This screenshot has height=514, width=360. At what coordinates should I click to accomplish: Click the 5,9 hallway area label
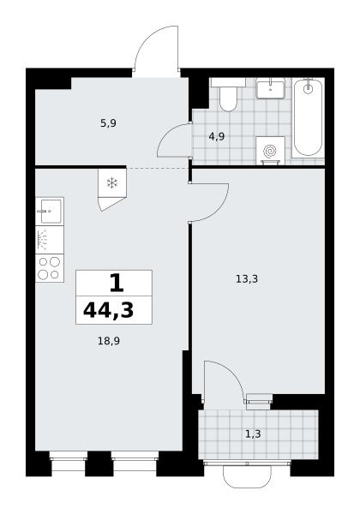(108, 123)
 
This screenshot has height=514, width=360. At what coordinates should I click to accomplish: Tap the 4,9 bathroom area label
(216, 136)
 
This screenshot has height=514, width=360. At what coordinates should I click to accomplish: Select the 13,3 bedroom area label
(247, 279)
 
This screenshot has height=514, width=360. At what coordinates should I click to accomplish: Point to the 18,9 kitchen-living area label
(109, 341)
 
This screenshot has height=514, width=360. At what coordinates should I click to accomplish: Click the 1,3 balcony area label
(253, 434)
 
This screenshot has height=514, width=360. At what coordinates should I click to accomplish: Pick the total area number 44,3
(109, 310)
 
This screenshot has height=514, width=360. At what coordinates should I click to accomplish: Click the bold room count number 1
(117, 284)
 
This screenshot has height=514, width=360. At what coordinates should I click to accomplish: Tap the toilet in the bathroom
(228, 94)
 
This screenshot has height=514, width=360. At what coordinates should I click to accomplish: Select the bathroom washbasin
(270, 88)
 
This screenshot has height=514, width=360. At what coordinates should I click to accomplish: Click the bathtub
(308, 117)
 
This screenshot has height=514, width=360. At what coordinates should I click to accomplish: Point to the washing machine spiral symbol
(270, 151)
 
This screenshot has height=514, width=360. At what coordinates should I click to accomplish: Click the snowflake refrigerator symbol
(112, 183)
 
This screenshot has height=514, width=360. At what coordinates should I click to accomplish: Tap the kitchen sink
(50, 211)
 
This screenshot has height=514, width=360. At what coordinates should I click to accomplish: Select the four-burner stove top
(50, 268)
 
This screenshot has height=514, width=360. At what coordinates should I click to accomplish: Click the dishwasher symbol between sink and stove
(50, 240)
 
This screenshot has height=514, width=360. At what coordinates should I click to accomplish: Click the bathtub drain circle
(308, 88)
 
